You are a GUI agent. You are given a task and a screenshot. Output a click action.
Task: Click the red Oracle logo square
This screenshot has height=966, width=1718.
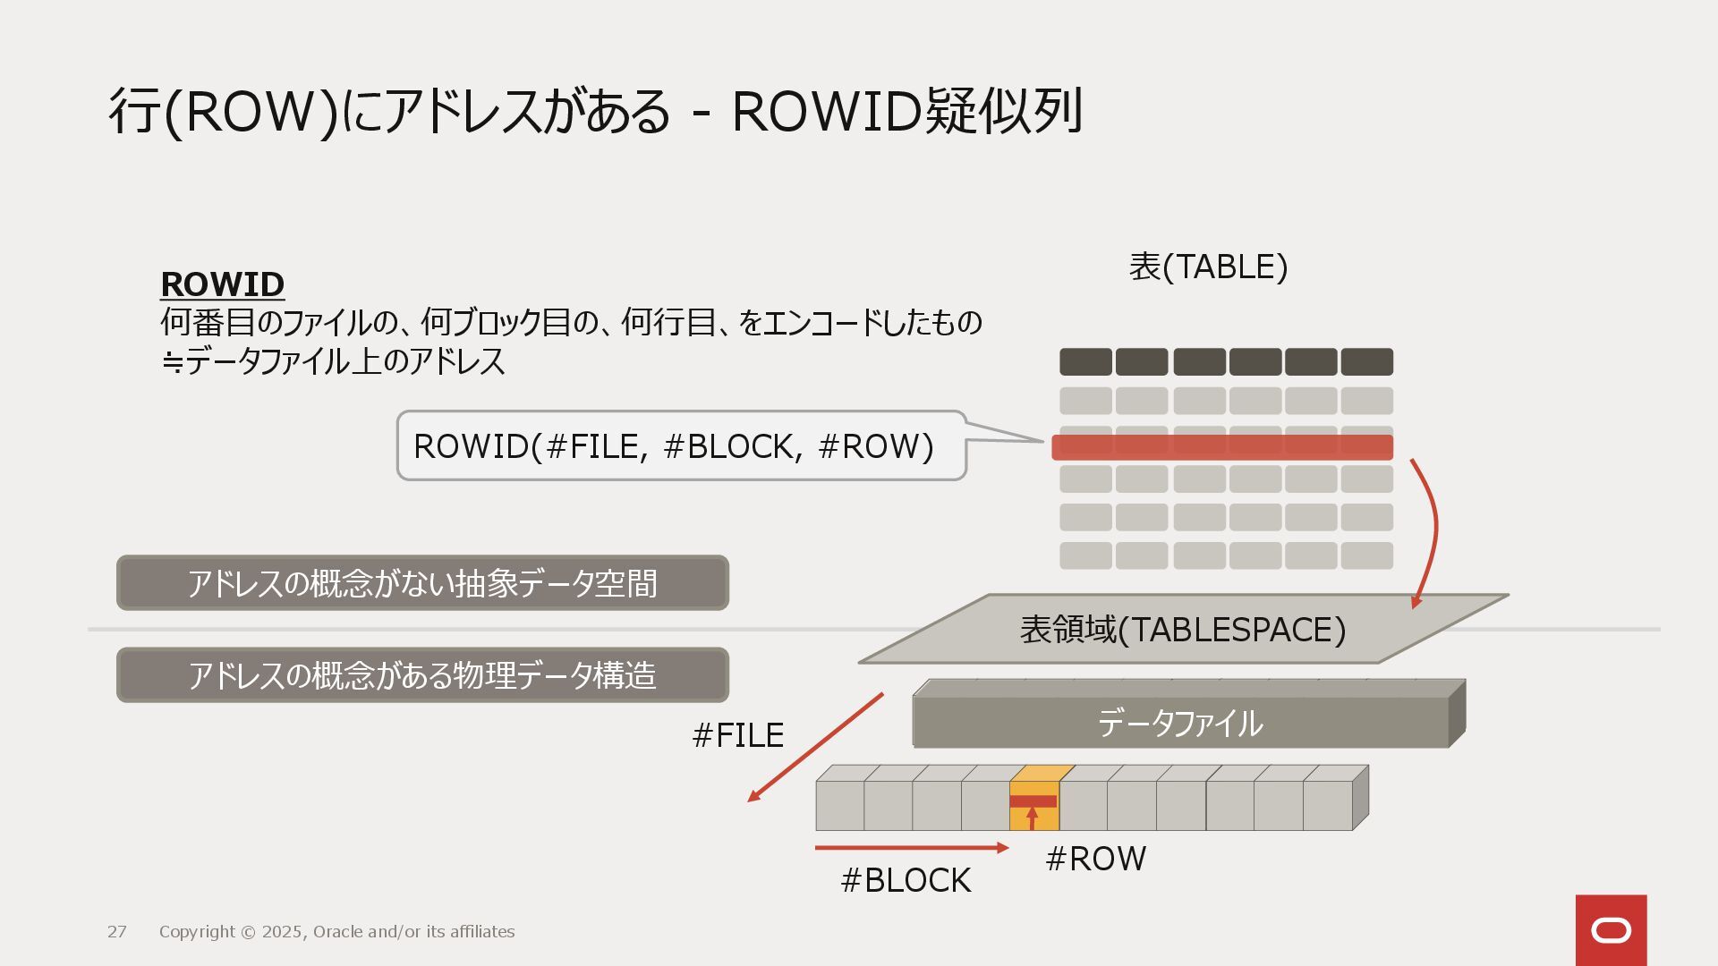pyautogui.click(x=1611, y=930)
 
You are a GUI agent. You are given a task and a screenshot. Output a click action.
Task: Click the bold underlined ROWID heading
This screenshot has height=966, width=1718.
pyautogui.click(x=222, y=284)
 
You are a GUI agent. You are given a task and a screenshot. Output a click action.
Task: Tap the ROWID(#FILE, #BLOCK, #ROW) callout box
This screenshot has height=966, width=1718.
pyautogui.click(x=680, y=445)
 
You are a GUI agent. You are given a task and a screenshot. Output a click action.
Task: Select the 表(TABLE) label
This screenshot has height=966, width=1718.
pyautogui.click(x=1208, y=267)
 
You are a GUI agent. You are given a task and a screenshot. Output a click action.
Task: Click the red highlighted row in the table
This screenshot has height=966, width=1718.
pyautogui.click(x=1221, y=447)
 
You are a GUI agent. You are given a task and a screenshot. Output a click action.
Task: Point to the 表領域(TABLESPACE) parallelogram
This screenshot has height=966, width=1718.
pyautogui.click(x=1183, y=630)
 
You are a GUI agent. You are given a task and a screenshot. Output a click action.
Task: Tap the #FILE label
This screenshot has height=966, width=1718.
pyautogui.click(x=738, y=735)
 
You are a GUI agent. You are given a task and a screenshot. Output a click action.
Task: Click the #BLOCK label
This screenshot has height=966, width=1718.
pyautogui.click(x=906, y=880)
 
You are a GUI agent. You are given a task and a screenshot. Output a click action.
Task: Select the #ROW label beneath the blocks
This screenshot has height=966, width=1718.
pyautogui.click(x=1095, y=859)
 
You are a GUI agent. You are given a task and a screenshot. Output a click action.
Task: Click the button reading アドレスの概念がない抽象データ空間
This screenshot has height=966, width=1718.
pyautogui.click(x=422, y=583)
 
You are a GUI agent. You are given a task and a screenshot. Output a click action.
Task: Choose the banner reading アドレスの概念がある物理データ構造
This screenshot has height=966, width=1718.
pyautogui.click(x=422, y=675)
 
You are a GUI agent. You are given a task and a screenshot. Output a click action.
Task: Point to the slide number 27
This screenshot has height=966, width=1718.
pyautogui.click(x=117, y=932)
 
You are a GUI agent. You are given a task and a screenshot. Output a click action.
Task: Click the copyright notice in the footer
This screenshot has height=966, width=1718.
pyautogui.click(x=336, y=932)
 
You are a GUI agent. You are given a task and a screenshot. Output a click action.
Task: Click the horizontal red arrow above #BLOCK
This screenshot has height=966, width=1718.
pyautogui.click(x=911, y=847)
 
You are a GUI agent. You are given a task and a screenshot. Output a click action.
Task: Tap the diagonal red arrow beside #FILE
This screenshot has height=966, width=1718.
pyautogui.click(x=814, y=748)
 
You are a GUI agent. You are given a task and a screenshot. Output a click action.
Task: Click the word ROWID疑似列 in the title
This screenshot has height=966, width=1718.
pyautogui.click(x=907, y=112)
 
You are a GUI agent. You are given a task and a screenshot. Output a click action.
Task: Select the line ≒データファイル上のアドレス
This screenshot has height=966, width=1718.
pyautogui.click(x=333, y=361)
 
